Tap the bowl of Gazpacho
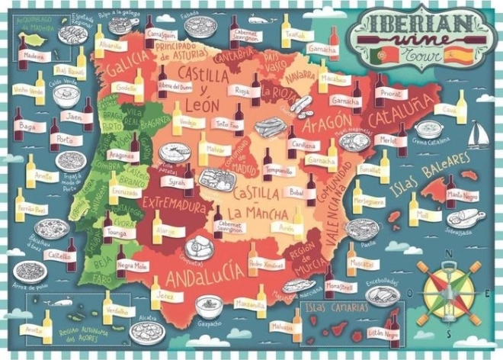[208, 306]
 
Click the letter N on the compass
[451, 256]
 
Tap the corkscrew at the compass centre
[452, 292]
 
